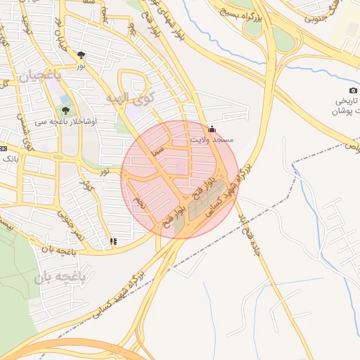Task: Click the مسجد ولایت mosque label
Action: coord(212,141)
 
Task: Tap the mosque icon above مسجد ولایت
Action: coord(212,129)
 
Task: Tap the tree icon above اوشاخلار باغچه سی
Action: coord(66,110)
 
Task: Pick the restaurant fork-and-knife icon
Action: coord(113,241)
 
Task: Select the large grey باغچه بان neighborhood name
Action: coord(59,278)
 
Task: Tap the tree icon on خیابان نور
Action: coord(82,54)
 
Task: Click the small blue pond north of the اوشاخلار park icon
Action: coord(65,99)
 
